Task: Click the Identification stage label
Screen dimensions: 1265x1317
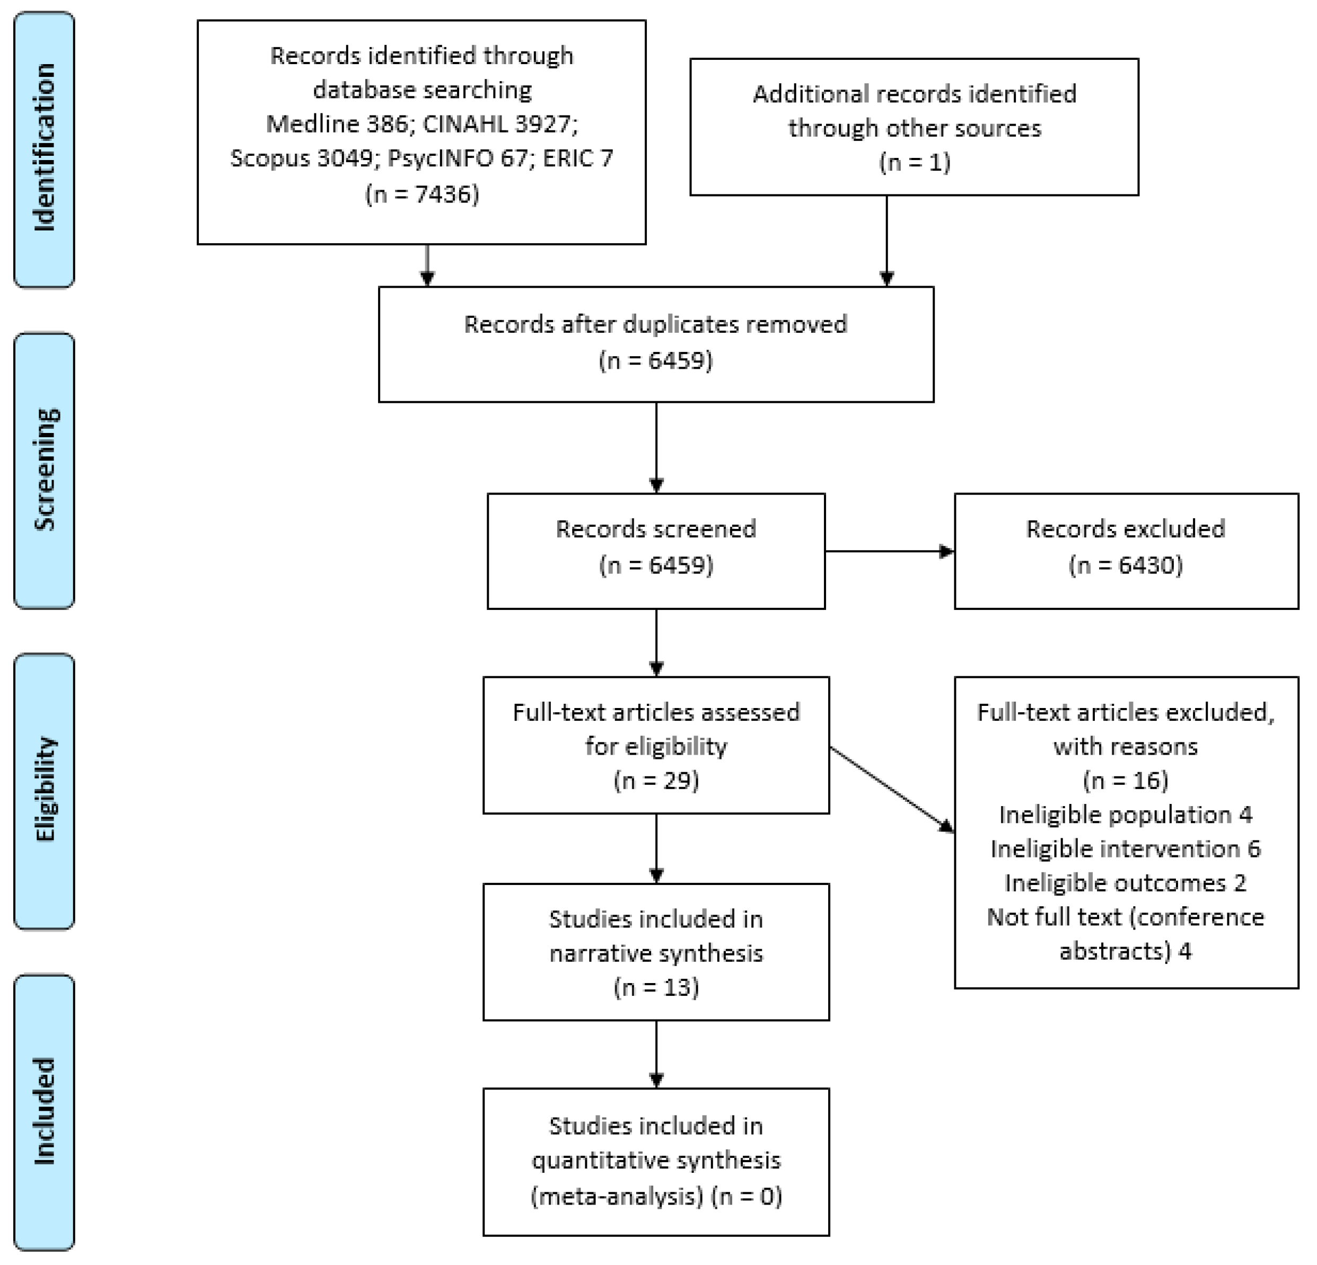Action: point(45,149)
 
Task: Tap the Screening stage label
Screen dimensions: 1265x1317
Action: point(45,470)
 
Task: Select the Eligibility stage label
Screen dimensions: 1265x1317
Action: point(45,791)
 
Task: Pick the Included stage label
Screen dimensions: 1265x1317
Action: point(45,1111)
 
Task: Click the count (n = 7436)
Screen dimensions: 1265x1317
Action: point(422,194)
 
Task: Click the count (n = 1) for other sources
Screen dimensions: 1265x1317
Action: point(914,163)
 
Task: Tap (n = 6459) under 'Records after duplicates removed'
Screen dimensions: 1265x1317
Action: point(655,361)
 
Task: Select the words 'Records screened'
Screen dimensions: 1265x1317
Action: point(655,529)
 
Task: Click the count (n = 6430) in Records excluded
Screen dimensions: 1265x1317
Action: point(1126,565)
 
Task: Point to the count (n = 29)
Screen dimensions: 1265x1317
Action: point(656,781)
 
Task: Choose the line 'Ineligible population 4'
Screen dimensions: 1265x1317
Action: point(1126,815)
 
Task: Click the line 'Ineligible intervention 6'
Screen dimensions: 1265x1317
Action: point(1126,849)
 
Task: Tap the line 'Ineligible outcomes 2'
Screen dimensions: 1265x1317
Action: point(1126,883)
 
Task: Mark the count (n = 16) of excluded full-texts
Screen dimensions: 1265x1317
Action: point(1126,781)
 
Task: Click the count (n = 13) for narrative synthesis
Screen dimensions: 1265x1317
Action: point(656,987)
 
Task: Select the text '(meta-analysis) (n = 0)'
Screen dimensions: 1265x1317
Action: point(656,1197)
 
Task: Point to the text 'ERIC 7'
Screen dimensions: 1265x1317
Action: point(577,158)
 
